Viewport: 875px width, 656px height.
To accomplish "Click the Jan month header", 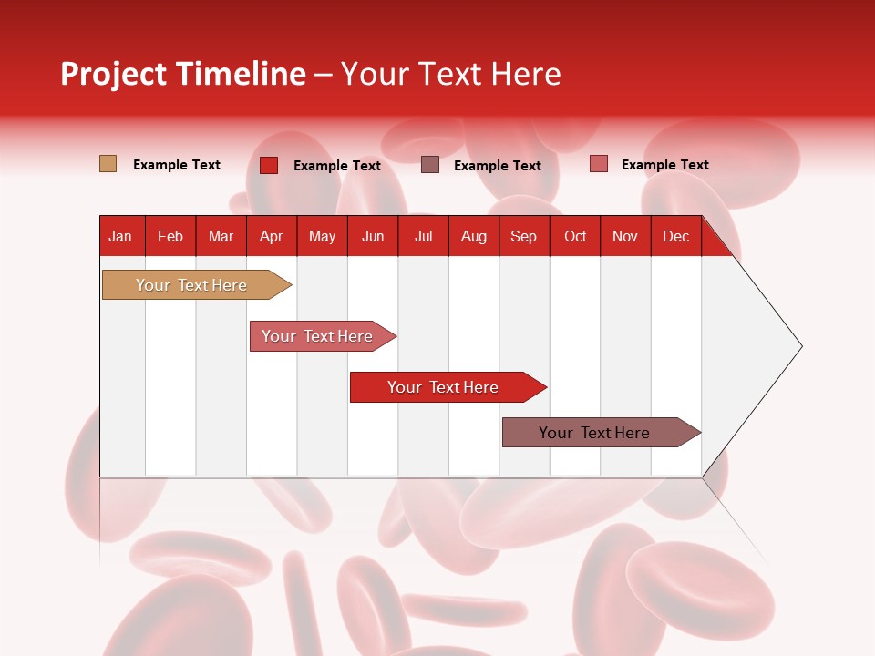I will click(121, 236).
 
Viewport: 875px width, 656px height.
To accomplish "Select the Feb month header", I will click(170, 236).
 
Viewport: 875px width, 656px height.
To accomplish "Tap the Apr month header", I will click(271, 236).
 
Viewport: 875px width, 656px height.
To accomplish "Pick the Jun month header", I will click(373, 236).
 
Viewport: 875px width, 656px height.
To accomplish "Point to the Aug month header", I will click(473, 236).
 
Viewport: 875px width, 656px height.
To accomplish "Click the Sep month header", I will click(523, 236).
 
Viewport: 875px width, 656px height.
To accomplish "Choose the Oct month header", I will click(574, 236).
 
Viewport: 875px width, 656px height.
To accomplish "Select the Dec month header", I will click(675, 236).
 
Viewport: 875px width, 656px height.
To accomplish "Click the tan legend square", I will click(108, 164).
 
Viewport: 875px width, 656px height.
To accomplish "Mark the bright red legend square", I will click(269, 165).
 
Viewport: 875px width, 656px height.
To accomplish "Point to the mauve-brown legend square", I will click(430, 164).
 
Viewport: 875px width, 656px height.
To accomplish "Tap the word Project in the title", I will click(113, 74).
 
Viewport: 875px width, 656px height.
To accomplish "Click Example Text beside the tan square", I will click(176, 165).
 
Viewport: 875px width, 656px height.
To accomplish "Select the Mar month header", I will click(221, 236).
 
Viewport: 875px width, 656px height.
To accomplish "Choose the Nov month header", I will click(624, 236).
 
